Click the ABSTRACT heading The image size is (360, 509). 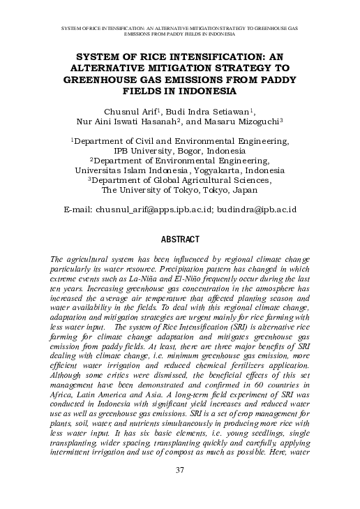(x=180, y=239)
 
